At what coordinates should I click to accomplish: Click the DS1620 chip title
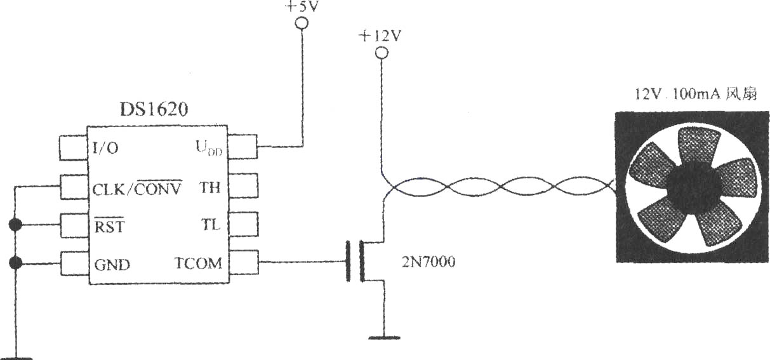click(154, 110)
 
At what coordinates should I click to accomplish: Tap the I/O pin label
click(105, 148)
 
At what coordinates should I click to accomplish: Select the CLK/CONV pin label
click(137, 188)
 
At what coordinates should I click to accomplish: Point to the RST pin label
click(109, 225)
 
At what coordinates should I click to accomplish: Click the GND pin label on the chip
click(112, 265)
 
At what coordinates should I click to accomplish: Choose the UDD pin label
click(209, 148)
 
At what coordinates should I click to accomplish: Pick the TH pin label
click(209, 187)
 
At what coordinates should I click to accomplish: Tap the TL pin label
click(210, 225)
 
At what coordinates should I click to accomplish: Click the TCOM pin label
click(198, 263)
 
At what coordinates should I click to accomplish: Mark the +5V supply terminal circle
click(302, 23)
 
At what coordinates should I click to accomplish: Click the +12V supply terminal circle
click(382, 53)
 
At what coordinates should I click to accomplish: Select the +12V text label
click(380, 36)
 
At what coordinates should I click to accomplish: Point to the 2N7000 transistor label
click(428, 262)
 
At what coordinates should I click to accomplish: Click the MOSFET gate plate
click(348, 262)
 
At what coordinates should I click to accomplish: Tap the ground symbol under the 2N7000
click(384, 338)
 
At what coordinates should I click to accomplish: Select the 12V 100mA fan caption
click(695, 94)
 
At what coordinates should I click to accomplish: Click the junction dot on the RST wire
click(15, 225)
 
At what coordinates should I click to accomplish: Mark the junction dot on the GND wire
click(15, 263)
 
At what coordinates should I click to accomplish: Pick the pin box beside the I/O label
click(73, 148)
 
